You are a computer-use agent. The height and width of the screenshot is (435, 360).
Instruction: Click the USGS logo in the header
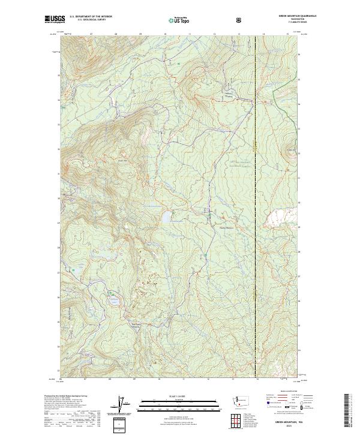pyautogui.click(x=55, y=19)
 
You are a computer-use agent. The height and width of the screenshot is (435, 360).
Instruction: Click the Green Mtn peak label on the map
pyautogui.click(x=122, y=160)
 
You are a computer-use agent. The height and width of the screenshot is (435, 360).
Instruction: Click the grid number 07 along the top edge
pyautogui.click(x=91, y=35)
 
